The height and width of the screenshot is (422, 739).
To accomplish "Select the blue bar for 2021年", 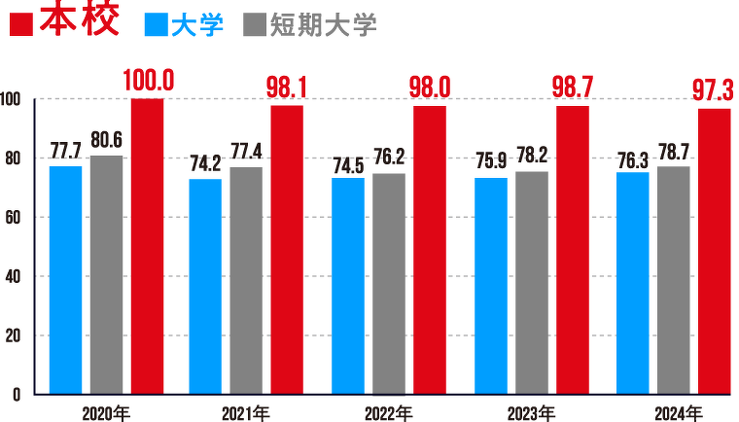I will (x=205, y=287).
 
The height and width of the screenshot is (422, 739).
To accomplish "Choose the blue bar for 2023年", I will (x=491, y=286).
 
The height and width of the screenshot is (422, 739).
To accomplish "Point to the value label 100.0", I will (x=149, y=82).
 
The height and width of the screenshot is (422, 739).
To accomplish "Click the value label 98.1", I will (x=287, y=88).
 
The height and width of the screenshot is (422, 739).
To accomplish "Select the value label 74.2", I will (x=206, y=163).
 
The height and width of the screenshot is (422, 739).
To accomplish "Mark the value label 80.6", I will (x=106, y=140).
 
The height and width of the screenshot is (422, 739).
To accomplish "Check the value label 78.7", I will (x=673, y=152).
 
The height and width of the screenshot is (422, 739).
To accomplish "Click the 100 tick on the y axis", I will (x=11, y=99).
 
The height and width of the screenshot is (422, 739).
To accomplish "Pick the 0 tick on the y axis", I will (x=17, y=395).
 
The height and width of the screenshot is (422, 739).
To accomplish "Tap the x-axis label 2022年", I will (x=389, y=413).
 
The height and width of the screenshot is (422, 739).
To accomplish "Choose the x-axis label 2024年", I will (x=673, y=413).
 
